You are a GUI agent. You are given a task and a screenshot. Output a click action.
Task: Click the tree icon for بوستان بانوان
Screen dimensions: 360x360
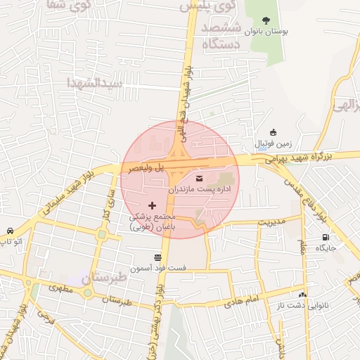265,20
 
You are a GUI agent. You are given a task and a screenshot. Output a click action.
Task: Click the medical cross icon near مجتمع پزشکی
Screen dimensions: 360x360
153,205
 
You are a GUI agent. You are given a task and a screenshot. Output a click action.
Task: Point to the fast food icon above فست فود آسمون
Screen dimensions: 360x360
157,257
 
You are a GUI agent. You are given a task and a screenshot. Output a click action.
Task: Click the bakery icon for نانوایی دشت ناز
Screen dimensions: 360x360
302,295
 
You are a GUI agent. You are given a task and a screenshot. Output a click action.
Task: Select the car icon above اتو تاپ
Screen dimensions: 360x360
10,231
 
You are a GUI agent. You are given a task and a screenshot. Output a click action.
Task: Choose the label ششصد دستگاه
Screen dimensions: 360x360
221,36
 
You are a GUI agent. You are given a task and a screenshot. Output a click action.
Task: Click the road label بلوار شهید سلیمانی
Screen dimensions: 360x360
60,193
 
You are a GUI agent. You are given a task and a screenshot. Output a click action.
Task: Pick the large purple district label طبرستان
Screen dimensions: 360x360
108,277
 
